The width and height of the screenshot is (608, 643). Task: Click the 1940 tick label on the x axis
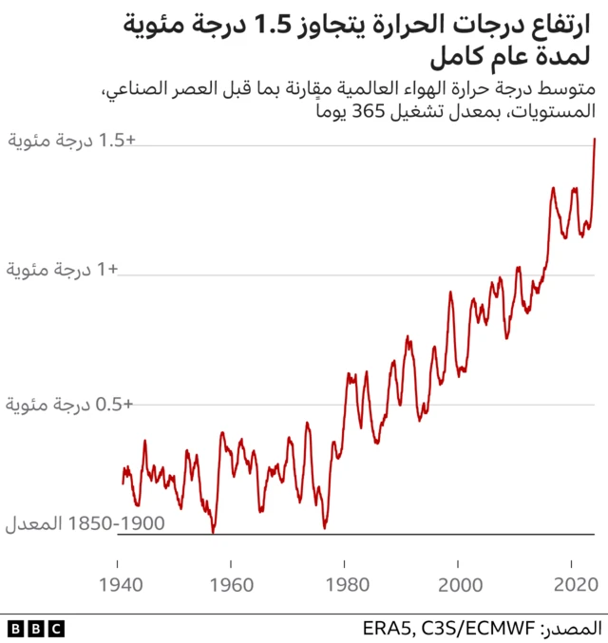[118, 582]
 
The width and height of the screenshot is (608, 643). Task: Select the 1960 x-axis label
[232, 582]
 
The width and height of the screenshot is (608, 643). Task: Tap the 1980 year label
[346, 582]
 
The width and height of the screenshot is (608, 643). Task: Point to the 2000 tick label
[460, 582]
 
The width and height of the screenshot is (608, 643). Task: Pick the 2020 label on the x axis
[574, 582]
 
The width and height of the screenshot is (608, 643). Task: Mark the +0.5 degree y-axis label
[72, 405]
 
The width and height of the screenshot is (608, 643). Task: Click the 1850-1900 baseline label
[85, 524]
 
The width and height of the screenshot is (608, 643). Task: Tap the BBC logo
[36, 628]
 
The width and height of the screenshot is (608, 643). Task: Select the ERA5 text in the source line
[385, 628]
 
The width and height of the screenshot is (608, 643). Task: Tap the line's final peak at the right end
[595, 139]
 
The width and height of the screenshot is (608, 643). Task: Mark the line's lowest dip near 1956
[212, 532]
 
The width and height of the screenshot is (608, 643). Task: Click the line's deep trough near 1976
[325, 526]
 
